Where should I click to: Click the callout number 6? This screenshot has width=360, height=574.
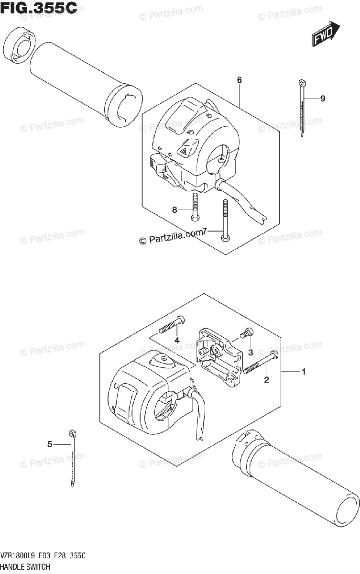tap(239, 80)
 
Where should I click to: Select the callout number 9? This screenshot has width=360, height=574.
tap(323, 99)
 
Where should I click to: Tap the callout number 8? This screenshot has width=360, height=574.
tap(175, 209)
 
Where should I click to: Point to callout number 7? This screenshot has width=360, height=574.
tap(205, 232)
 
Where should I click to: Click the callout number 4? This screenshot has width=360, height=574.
tap(176, 340)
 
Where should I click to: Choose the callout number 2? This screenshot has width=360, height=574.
tap(267, 380)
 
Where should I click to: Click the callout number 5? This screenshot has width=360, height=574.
tap(50, 444)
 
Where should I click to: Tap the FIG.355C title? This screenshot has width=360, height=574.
tap(39, 8)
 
